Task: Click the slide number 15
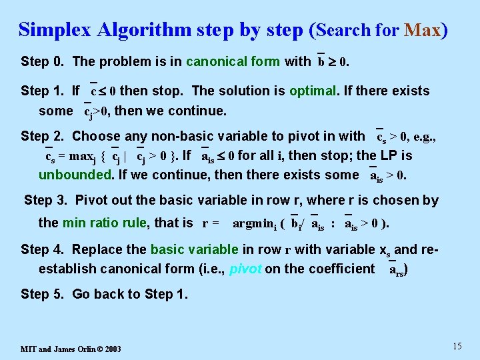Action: click(x=457, y=345)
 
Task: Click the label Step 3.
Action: click(x=46, y=200)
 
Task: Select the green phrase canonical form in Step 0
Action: click(x=233, y=62)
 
